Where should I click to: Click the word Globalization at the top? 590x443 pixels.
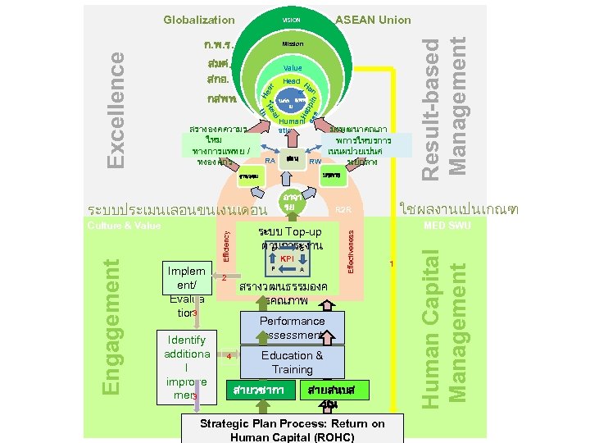pos(198,20)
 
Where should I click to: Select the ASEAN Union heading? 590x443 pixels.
pos(374,20)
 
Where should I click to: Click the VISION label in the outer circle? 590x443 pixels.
pos(292,20)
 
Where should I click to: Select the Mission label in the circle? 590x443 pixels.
pos(293,43)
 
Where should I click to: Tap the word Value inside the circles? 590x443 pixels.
pos(293,68)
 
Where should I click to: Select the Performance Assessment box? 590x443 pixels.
pos(293,328)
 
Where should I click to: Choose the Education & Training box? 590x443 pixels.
pos(293,363)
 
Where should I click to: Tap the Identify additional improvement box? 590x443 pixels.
pos(187,368)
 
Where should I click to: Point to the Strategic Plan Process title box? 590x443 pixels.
pos(293,429)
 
